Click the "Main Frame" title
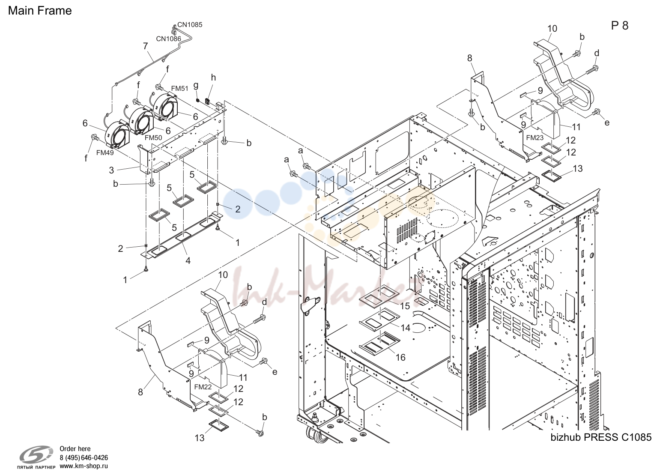click(40, 11)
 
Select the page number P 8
click(620, 26)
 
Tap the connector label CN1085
click(190, 25)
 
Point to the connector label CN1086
click(169, 39)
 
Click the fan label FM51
click(180, 88)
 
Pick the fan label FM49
click(105, 152)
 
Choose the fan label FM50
click(153, 137)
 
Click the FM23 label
click(535, 137)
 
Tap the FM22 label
click(203, 387)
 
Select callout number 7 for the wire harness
click(145, 46)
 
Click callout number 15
click(405, 306)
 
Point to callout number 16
click(400, 358)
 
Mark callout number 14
click(406, 328)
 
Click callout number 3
click(111, 170)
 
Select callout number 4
click(188, 260)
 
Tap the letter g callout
click(196, 86)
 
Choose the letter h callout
click(213, 78)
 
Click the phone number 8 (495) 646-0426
click(84, 457)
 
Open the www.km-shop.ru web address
click(84, 466)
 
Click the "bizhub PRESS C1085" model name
click(601, 437)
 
